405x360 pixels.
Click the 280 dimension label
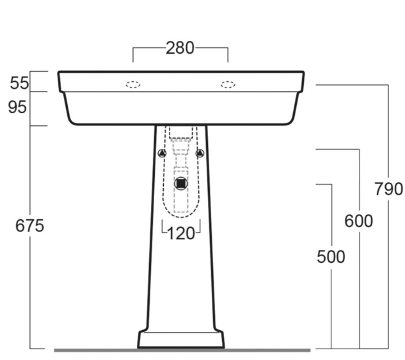(180, 48)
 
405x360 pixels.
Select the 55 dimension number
(19, 82)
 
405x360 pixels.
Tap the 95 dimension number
(19, 107)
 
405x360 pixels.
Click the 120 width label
(182, 233)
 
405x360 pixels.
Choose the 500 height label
(331, 256)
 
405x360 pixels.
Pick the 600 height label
(358, 221)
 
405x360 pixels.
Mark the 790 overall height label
(388, 189)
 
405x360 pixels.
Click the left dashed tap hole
(133, 84)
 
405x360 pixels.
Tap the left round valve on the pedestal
(162, 153)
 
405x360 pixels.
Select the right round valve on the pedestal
(200, 153)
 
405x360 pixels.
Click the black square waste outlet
(181, 184)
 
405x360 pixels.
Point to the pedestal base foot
(180, 340)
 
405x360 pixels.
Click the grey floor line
(96, 350)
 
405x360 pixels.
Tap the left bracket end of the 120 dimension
(163, 228)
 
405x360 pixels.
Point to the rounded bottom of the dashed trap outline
(181, 213)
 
